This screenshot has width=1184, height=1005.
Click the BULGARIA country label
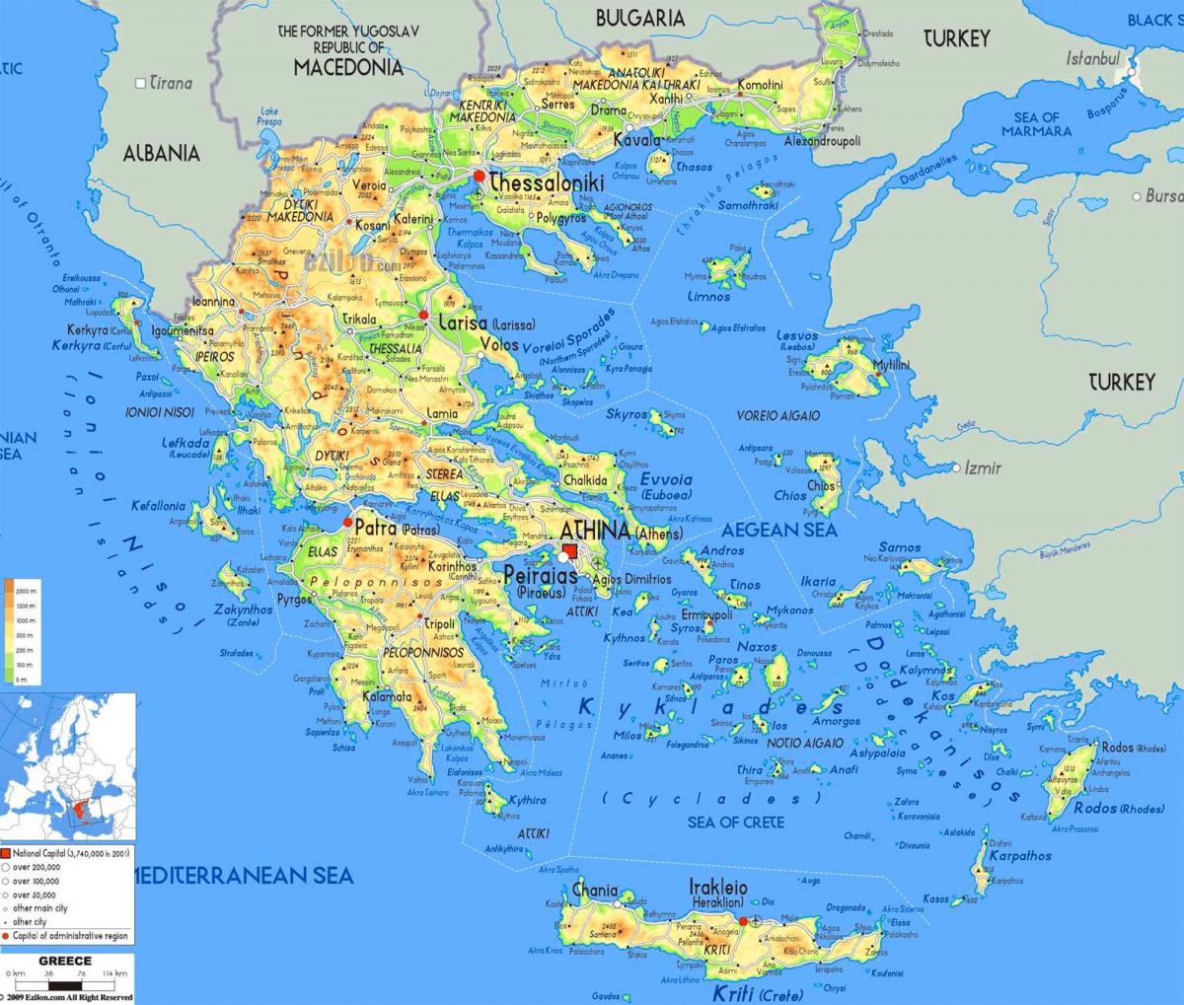[x=640, y=18]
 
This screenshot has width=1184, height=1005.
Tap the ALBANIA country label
[x=161, y=153]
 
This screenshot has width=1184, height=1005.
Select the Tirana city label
[x=171, y=83]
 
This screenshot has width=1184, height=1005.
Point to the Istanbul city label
[x=1092, y=58]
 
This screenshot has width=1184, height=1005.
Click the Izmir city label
[x=983, y=467]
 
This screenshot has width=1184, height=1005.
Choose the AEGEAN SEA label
[x=778, y=530]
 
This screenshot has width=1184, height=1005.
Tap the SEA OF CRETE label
[x=736, y=822]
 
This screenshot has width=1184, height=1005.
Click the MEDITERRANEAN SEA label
[x=241, y=874]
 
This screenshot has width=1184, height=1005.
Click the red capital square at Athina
[x=570, y=552]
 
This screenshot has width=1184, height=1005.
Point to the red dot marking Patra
[x=346, y=523]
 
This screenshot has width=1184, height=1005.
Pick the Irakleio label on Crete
[x=717, y=889]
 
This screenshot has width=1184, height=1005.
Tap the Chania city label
[x=595, y=890]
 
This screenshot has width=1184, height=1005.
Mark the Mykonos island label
[x=789, y=610]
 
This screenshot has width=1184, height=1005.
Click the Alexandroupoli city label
[x=822, y=141]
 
